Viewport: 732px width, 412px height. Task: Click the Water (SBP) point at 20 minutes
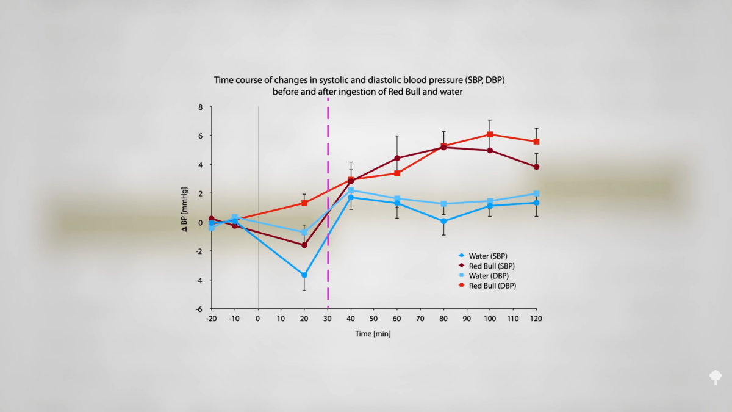[x=304, y=275]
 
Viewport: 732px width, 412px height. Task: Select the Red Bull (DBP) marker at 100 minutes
[x=490, y=134]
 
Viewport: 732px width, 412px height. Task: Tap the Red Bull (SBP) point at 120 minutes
[x=536, y=167]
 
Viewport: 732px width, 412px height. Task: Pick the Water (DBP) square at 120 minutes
[x=536, y=193]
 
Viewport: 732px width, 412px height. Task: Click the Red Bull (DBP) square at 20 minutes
[x=304, y=203]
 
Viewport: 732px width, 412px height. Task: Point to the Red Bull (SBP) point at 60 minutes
[x=397, y=158]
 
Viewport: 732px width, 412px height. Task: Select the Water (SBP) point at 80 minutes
[x=443, y=221]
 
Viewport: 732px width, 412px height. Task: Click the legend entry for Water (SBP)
[x=487, y=256]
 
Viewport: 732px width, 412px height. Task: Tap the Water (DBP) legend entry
[x=487, y=276]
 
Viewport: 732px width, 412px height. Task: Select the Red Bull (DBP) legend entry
[x=491, y=286]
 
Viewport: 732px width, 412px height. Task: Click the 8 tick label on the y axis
[x=200, y=107]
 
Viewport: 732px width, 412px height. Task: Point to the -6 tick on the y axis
[x=199, y=309]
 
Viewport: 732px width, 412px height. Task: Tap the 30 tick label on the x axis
[x=328, y=319]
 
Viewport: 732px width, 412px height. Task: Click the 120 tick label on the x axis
[x=536, y=319]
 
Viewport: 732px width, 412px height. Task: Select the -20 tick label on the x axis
[x=211, y=319]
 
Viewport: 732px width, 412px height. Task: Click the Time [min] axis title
[x=373, y=334]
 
